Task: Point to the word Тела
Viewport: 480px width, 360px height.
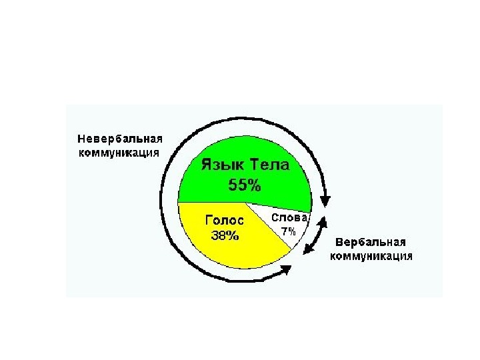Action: (272, 164)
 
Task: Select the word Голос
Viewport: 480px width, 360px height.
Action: (225, 220)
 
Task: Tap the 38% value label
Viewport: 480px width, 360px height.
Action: (225, 235)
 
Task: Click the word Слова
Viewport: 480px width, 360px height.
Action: (289, 217)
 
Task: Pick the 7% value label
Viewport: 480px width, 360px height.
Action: (288, 231)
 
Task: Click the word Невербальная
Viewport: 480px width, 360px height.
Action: (121, 139)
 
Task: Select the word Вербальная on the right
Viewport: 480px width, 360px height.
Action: (371, 243)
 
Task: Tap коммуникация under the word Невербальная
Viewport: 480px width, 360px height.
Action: (119, 152)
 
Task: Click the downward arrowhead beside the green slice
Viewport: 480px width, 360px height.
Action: (326, 199)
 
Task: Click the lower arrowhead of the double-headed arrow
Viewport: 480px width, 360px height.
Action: (308, 250)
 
